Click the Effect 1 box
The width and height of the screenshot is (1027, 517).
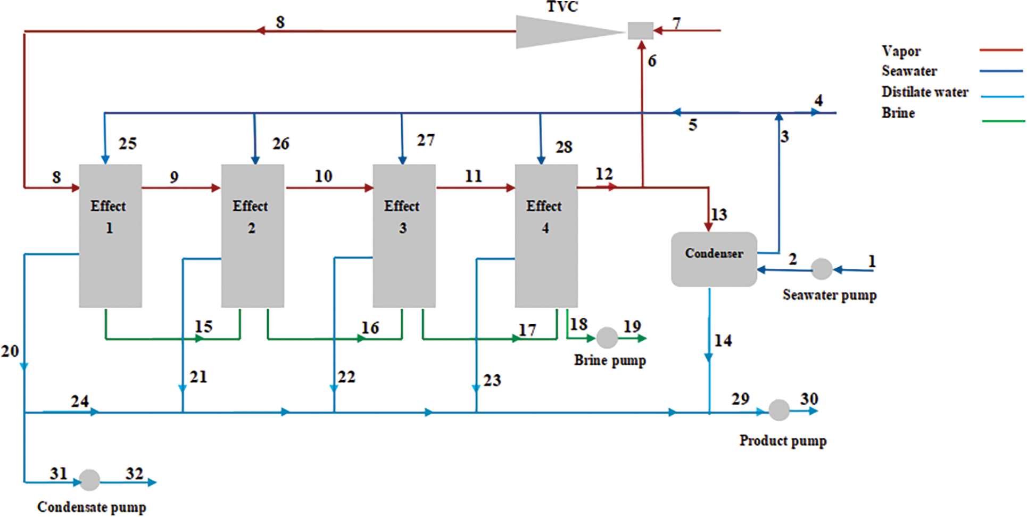pos(110,235)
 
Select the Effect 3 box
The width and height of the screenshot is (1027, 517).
pos(404,235)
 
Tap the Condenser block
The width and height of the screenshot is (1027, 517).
pos(714,259)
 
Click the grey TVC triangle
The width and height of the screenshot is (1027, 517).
pos(559,32)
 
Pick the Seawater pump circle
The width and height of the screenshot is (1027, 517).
pos(821,269)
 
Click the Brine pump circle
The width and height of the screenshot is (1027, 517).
pos(607,338)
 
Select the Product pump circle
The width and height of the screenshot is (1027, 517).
pos(778,410)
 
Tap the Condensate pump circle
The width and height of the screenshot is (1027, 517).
pos(89,480)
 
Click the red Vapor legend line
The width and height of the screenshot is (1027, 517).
pos(1000,50)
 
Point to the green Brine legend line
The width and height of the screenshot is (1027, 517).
pos(1003,121)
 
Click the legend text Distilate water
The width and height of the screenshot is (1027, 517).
pos(925,92)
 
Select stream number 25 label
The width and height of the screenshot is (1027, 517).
pos(128,144)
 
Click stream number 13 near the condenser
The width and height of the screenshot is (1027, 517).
pos(719,215)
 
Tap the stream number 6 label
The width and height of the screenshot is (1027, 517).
pos(652,61)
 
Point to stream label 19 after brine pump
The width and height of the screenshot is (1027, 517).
pos(632,326)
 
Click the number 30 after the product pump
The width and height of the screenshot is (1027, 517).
pos(809,399)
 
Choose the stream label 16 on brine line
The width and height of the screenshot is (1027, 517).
pos(370,327)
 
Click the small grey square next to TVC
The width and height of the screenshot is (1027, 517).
pos(640,31)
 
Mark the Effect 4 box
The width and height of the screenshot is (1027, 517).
pos(546,235)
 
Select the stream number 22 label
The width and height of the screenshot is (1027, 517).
pos(346,377)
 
